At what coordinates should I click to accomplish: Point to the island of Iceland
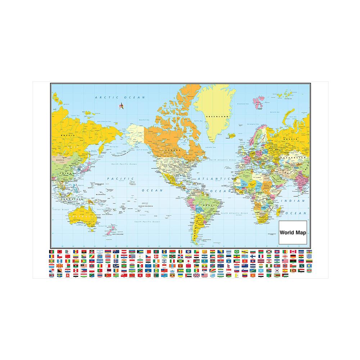[232, 136]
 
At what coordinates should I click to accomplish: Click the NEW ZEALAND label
[119, 234]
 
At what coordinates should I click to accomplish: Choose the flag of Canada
[293, 252]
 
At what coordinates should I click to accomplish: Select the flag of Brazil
[237, 252]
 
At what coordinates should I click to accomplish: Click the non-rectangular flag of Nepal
[229, 266]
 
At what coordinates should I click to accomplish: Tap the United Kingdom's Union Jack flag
[196, 275]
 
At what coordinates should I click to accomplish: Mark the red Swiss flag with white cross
[68, 275]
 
